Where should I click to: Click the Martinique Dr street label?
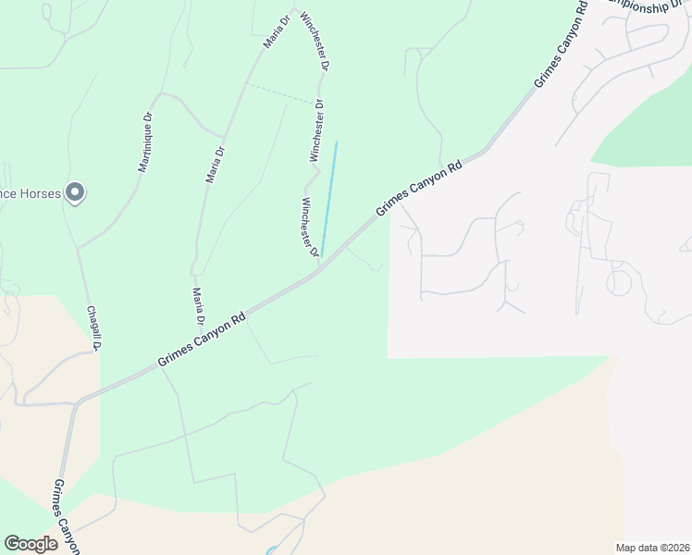coord(145,143)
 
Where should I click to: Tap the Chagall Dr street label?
coord(93,327)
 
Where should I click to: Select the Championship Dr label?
coord(648,6)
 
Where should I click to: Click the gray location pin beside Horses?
coord(76,193)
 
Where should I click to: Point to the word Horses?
coord(39,194)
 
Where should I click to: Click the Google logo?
coord(31,544)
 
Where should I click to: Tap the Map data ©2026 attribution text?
coord(651,547)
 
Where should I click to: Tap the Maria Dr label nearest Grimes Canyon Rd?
coord(198,306)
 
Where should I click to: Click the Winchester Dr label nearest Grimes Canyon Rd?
coord(310,227)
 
